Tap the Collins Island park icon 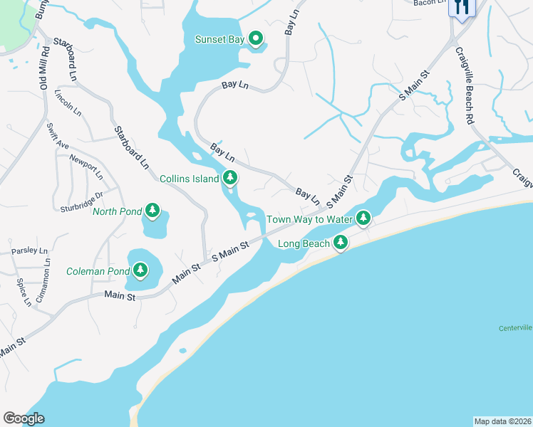click(229, 178)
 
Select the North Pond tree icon click(152, 210)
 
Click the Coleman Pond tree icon click(140, 270)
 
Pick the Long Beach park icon click(341, 243)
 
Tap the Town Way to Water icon click(363, 218)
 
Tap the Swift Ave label click(57, 135)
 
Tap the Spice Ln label click(24, 292)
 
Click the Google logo click(24, 418)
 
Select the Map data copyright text click(502, 421)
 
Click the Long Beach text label click(304, 244)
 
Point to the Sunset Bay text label click(219, 40)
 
